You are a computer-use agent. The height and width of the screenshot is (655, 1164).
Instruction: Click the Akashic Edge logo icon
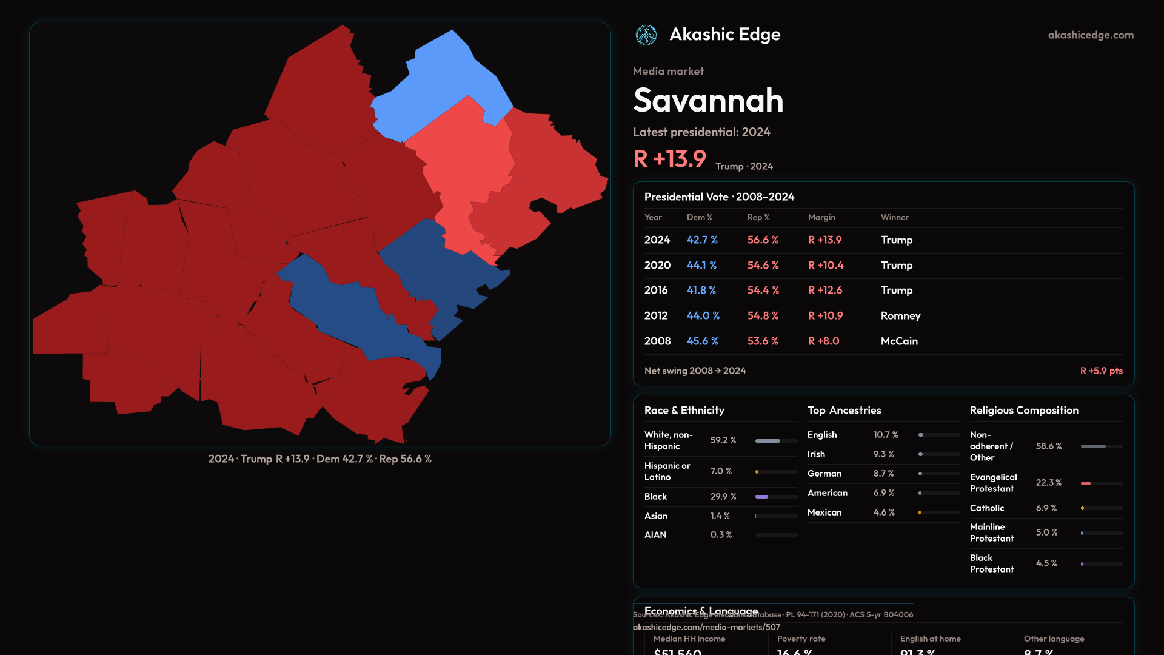(646, 35)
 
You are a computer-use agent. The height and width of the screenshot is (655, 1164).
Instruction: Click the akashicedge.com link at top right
(1091, 35)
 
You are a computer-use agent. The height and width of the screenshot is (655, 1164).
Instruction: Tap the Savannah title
(708, 100)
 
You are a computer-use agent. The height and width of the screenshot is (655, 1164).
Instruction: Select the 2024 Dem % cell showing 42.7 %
(702, 240)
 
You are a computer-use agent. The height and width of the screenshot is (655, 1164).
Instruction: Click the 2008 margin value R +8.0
(823, 341)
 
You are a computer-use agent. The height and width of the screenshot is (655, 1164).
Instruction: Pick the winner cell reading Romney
(900, 316)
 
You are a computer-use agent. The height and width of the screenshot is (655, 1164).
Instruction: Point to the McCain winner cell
(899, 341)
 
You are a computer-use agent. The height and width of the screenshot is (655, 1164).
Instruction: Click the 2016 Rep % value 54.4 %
(763, 291)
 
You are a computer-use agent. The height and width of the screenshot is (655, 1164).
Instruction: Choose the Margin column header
(821, 217)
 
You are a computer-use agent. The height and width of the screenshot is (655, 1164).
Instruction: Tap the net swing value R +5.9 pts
(1101, 371)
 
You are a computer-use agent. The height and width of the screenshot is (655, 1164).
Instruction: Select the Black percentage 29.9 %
(723, 497)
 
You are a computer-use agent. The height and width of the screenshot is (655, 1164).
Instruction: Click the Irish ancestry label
(816, 454)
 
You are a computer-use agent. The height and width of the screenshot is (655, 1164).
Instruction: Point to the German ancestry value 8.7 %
(884, 474)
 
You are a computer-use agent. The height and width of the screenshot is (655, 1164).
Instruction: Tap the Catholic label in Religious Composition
(987, 508)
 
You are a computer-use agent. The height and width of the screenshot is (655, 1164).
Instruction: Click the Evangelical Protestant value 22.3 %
(1048, 483)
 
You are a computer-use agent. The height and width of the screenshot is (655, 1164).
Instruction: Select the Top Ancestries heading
(844, 411)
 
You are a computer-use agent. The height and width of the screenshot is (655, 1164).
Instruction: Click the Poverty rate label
(801, 639)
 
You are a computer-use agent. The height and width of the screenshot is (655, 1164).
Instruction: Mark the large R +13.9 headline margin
(669, 159)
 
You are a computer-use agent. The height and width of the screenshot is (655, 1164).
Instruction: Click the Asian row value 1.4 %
(720, 516)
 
